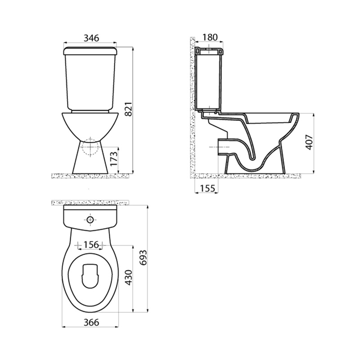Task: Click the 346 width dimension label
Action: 91,38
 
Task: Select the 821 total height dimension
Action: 129,109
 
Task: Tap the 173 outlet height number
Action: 114,159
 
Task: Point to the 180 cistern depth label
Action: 210,37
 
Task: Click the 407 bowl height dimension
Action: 310,142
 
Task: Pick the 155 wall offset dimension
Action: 207,188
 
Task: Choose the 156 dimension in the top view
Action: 90,245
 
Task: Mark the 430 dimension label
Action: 129,278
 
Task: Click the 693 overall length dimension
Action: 143,257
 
